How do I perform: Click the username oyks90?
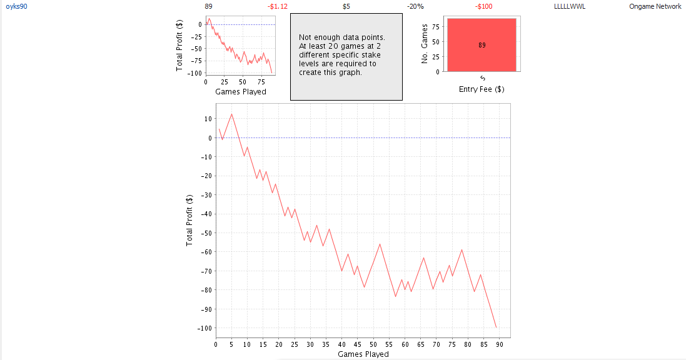(x=16, y=6)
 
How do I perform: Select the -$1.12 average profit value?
(x=277, y=6)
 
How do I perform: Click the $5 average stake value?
(x=346, y=6)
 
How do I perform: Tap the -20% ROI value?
(x=415, y=6)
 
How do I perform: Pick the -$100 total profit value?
(x=483, y=6)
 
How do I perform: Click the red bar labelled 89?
(x=482, y=45)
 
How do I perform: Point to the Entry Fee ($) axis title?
(x=482, y=89)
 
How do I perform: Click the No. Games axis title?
(x=425, y=44)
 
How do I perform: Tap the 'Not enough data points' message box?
(x=346, y=56)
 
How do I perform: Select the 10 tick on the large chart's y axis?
(x=208, y=119)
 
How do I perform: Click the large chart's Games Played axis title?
(x=363, y=354)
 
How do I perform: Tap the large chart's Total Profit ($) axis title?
(x=189, y=219)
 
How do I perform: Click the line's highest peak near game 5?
(x=232, y=114)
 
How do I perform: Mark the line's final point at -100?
(x=497, y=327)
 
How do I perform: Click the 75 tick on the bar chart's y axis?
(x=436, y=27)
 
